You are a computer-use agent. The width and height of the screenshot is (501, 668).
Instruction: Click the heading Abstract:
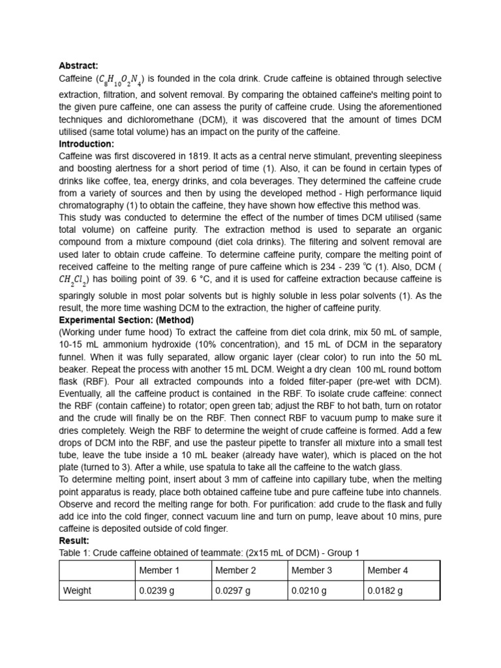[78, 65]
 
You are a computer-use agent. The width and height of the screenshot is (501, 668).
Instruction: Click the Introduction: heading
[86, 144]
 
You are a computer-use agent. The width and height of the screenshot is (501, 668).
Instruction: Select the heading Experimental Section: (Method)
[127, 320]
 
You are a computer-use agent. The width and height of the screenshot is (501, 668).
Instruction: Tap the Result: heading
[74, 541]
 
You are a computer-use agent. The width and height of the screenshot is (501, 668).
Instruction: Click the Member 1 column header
[159, 570]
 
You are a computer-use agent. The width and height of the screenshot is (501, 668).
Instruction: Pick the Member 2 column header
[235, 570]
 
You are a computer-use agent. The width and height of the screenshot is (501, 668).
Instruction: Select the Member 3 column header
[312, 570]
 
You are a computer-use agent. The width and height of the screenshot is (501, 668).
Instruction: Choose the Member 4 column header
[388, 570]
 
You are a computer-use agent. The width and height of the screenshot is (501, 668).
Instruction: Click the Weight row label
[77, 590]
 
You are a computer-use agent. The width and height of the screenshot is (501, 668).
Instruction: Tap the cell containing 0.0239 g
[157, 590]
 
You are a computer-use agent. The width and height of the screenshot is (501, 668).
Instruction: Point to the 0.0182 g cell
[386, 590]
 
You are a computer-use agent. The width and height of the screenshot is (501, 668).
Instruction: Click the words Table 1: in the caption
[75, 553]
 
